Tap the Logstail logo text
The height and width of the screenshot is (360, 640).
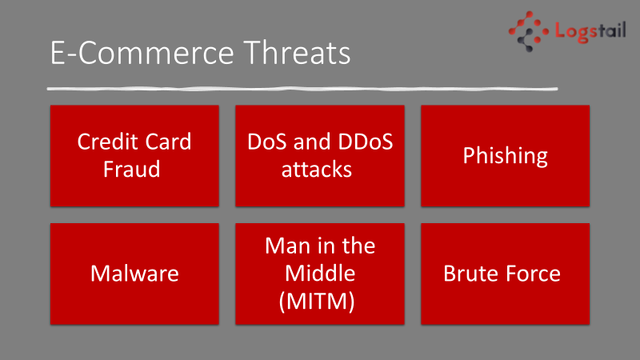point(590,31)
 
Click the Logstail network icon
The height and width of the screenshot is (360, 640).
point(529,31)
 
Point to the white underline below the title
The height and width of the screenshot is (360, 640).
point(302,89)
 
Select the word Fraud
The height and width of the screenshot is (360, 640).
point(131,169)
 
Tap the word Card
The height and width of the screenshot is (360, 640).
point(168,142)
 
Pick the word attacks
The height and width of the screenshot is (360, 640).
point(316,170)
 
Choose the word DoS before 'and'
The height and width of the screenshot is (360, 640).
point(268,142)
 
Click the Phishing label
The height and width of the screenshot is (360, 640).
point(506,156)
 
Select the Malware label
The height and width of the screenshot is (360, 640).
point(134,274)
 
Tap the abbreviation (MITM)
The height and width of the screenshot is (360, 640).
point(317,302)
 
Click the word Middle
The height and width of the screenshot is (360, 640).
point(320,273)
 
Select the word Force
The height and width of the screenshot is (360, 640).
point(531,274)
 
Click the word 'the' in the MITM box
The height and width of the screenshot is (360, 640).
point(358,246)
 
